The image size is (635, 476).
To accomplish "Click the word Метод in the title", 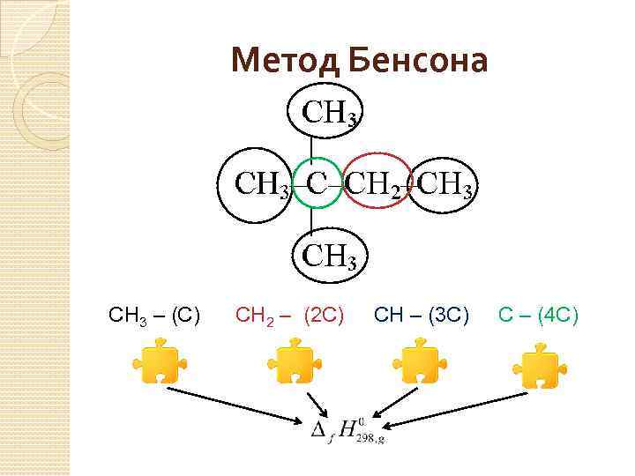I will point(284,61).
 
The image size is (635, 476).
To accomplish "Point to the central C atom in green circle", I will point(317,183).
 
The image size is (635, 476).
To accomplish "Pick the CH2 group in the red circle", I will point(377,184).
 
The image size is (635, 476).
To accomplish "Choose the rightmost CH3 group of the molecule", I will point(446,184).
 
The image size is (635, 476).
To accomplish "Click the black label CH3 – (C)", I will point(153,313).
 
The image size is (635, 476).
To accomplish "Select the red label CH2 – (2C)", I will point(289,313).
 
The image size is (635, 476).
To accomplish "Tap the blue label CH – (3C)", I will point(422,313).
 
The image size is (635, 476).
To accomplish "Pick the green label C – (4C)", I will point(538,313).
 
